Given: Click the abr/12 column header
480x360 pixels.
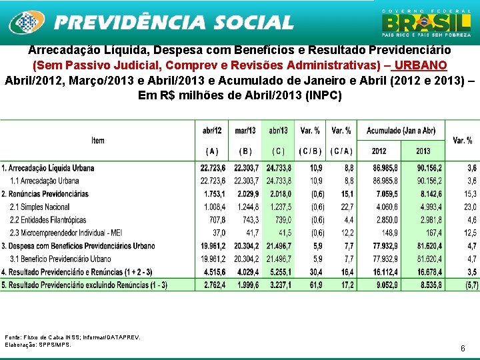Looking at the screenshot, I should tap(212, 131).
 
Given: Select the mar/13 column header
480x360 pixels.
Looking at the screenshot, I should tap(246, 131).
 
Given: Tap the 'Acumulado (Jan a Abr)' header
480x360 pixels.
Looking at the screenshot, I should tap(401, 131).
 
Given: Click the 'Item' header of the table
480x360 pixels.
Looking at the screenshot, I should tap(98, 141).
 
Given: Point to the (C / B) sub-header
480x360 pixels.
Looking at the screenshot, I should tap(311, 151).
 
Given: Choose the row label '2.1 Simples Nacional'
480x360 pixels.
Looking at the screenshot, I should tap(40, 207).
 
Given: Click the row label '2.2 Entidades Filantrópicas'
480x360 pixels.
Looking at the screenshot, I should tap(48, 220).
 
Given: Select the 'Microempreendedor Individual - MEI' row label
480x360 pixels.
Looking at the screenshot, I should tap(66, 233).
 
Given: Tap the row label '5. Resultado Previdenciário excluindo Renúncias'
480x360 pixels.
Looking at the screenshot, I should tap(85, 285).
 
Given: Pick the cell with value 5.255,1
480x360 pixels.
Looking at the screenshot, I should tap(278, 272).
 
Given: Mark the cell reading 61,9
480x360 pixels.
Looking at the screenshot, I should tap(313, 285).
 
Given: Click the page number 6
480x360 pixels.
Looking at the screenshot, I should tap(463, 349).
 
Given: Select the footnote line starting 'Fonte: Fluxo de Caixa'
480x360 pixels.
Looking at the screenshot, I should tap(73, 338).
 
